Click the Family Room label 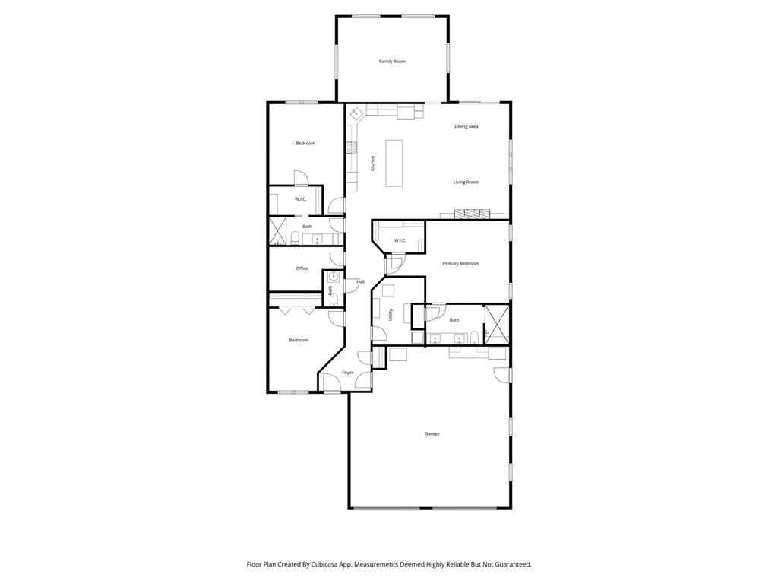(392, 61)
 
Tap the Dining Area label (466, 126)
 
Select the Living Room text (466, 182)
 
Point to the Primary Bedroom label (460, 263)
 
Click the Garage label (432, 433)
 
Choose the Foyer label (347, 373)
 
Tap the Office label (302, 268)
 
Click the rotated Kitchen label (372, 163)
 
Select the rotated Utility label (391, 314)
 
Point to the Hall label (360, 281)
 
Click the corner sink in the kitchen (355, 113)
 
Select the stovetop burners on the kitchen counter (352, 148)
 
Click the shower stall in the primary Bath (497, 325)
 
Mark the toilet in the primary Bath (474, 338)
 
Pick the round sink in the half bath (332, 277)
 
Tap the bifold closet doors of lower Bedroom (296, 310)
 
